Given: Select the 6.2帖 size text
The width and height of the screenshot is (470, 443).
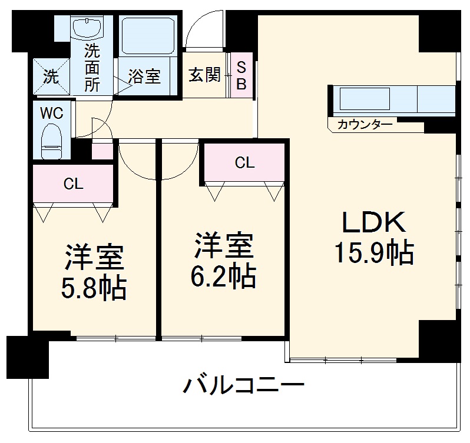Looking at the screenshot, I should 224,275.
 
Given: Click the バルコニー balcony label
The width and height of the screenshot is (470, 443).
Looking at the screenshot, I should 243,386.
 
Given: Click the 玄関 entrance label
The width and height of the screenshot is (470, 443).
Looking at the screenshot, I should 204,75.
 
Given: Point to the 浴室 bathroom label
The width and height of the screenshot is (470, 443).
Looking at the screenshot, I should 144,76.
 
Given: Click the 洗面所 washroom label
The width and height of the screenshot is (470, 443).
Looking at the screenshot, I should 91,68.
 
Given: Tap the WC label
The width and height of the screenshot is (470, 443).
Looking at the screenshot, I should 51,113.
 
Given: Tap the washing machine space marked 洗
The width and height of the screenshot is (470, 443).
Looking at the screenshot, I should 51,76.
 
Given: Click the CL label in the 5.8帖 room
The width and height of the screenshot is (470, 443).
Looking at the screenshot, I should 74,184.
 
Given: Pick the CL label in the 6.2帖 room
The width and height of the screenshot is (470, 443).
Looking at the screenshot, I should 244,162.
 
